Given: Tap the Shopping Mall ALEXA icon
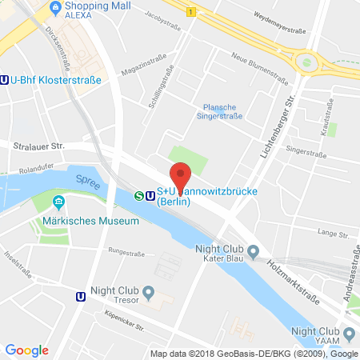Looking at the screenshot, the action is pos(55,9).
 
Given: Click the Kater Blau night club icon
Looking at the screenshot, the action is pos(253,254).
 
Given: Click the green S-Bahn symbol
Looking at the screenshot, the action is pos(138,194).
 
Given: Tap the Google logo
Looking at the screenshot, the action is pos(26,349).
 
